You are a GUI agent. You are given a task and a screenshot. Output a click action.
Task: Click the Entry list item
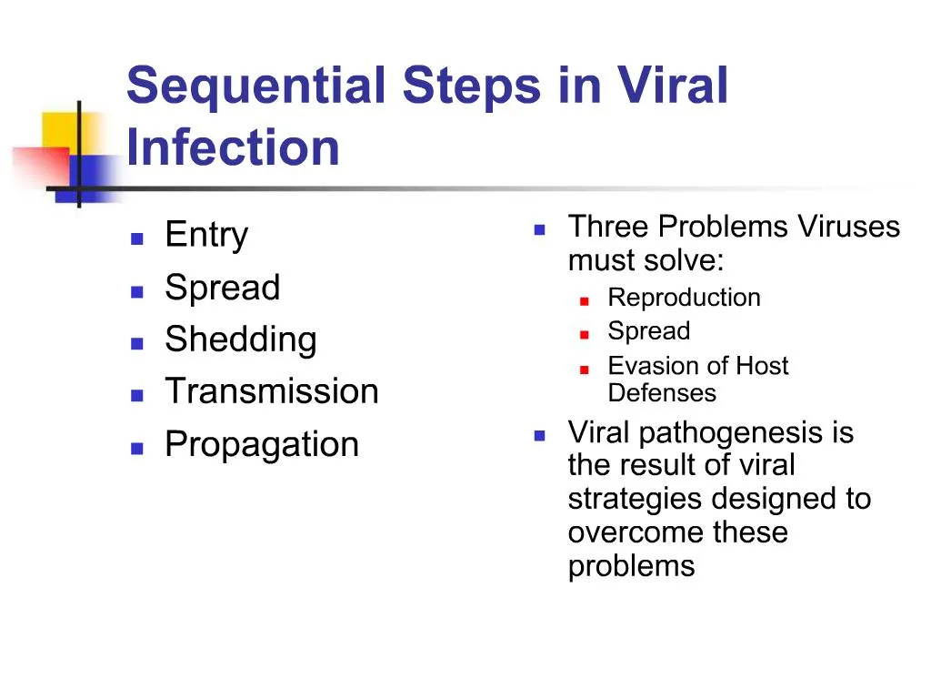click(x=206, y=236)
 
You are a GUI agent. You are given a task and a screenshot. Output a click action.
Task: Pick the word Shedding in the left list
click(x=241, y=339)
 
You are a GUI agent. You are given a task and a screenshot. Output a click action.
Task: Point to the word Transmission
click(x=272, y=391)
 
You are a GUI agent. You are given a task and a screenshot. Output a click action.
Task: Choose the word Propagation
click(x=262, y=444)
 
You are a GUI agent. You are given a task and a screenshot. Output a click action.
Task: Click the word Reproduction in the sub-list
click(x=684, y=298)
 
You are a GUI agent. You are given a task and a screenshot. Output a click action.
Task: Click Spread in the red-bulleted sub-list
click(x=648, y=331)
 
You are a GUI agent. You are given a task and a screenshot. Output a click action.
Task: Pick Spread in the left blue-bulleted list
click(x=223, y=288)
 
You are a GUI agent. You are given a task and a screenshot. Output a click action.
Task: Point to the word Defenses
click(x=662, y=393)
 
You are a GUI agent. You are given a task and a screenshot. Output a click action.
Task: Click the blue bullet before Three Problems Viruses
click(x=539, y=230)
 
